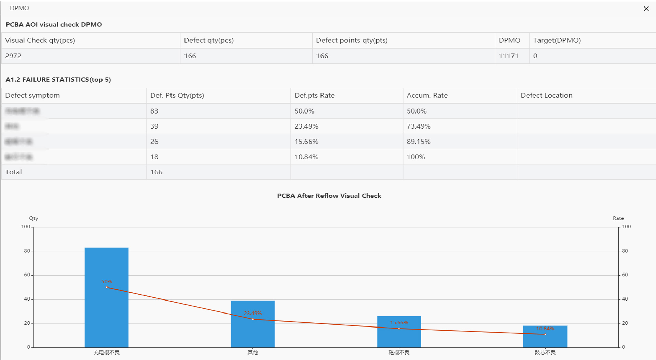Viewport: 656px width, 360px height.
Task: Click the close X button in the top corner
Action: tap(646, 9)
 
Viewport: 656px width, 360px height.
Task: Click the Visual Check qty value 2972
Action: tap(13, 56)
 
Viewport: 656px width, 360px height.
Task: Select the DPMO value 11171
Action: tap(508, 56)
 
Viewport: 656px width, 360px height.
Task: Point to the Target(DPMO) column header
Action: tap(557, 40)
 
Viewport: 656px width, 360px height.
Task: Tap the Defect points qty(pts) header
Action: tap(352, 40)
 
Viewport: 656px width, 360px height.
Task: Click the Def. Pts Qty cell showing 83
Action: tap(154, 111)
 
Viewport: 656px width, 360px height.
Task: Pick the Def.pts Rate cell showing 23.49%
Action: tap(306, 126)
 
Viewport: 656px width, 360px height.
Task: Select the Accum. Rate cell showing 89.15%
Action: tap(418, 142)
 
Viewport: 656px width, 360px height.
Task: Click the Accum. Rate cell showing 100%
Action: tap(415, 157)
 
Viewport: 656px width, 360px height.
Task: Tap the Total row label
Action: tap(13, 172)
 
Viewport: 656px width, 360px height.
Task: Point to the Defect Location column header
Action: tap(546, 95)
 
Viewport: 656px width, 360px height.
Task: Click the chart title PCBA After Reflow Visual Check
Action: tap(329, 196)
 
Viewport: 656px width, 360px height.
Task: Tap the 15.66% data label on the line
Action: tap(399, 322)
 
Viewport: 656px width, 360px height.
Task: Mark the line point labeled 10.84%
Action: tap(545, 334)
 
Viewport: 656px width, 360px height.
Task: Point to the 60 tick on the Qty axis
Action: tap(27, 275)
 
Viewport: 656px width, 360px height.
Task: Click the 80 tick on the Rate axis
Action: tap(625, 251)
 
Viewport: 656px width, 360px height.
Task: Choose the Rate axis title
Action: tap(618, 218)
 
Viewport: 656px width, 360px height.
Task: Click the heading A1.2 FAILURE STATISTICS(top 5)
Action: tap(58, 80)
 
